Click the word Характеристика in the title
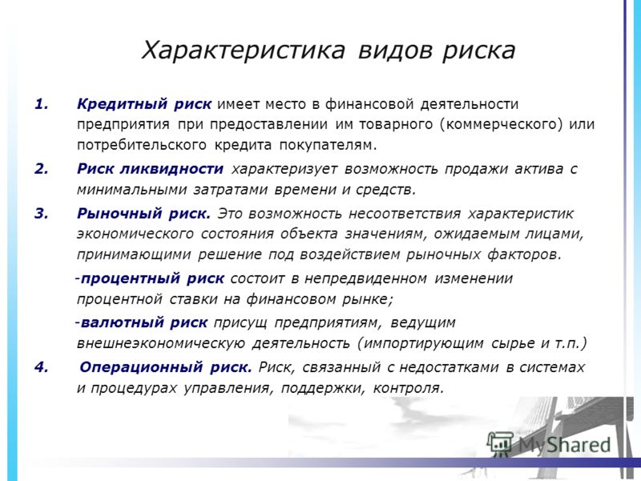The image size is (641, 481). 244,51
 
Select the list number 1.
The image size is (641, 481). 42,104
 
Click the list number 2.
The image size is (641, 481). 42,169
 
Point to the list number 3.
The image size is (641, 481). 42,213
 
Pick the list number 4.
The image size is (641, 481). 42,367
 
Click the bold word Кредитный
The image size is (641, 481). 122,105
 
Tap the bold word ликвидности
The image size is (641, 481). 171,169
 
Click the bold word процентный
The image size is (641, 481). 131,279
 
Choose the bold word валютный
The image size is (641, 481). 123,323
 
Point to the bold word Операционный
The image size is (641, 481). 141,367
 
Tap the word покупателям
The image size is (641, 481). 328,145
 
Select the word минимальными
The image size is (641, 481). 131,190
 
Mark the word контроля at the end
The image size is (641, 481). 408,388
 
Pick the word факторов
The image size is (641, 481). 525,254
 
